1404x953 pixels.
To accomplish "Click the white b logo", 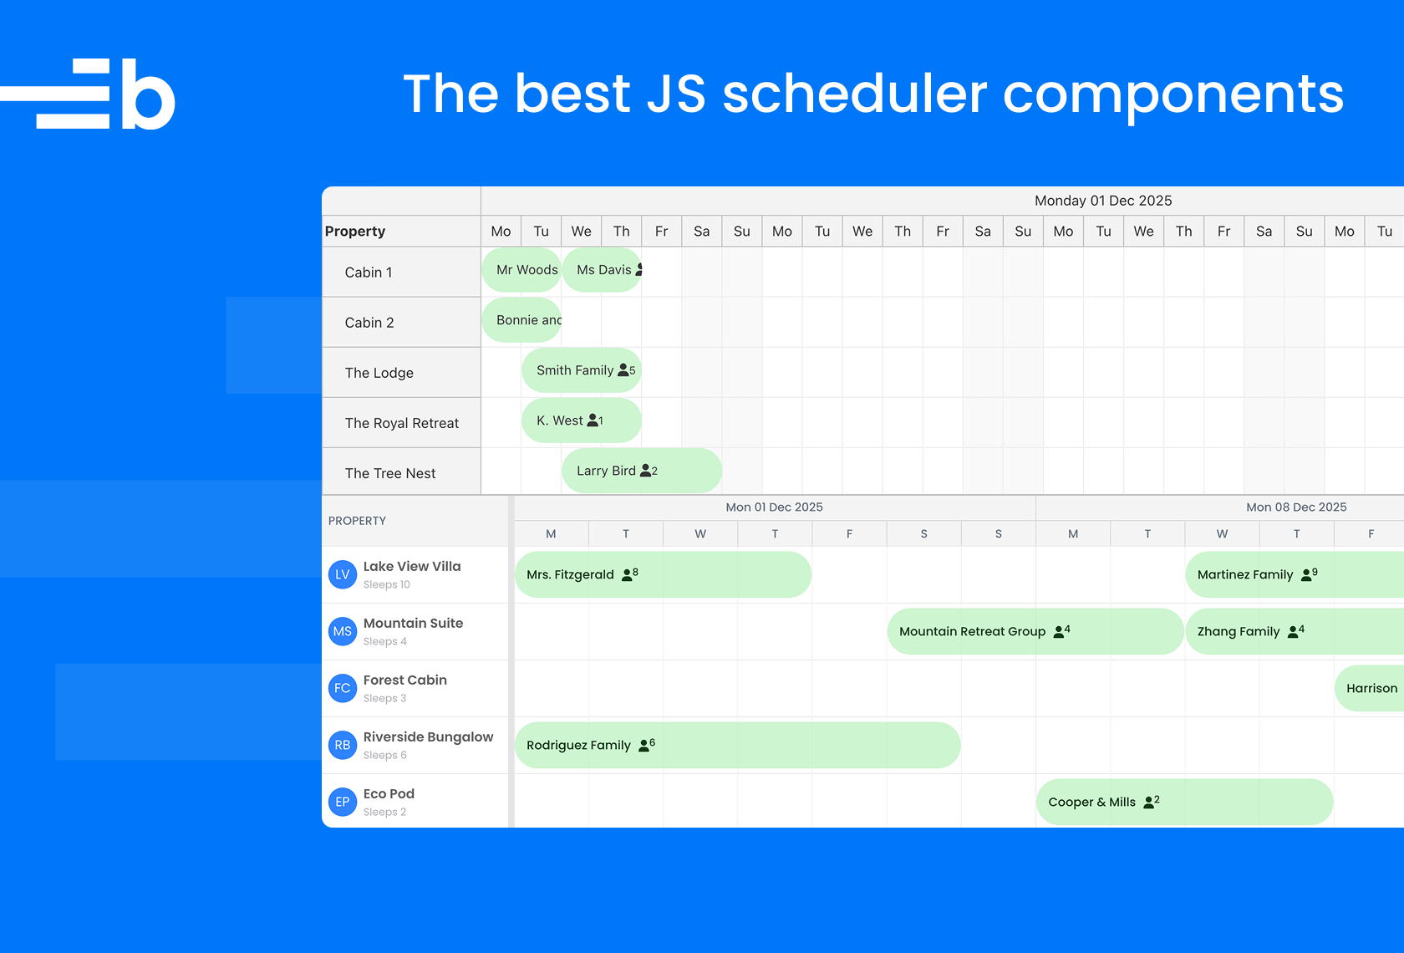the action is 88,94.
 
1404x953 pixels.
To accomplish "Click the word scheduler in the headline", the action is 855,94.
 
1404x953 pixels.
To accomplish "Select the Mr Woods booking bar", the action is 521,269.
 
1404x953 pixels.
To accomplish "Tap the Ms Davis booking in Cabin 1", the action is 602,269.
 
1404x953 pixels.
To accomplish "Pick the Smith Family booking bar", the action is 582,369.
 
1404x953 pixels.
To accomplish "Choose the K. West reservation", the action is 582,420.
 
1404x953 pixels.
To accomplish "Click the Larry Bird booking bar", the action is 642,470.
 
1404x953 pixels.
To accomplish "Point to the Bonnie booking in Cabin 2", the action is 521,319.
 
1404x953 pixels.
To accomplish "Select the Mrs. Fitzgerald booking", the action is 664,574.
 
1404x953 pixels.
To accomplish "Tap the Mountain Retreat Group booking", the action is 1035,631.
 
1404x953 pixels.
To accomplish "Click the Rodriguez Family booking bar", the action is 738,745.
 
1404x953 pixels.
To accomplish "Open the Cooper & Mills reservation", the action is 1185,802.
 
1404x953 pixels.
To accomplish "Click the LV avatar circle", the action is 343,574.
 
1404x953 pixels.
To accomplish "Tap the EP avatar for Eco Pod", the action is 343,802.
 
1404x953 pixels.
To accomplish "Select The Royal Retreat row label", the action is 402,423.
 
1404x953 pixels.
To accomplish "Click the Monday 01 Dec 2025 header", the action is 1103,201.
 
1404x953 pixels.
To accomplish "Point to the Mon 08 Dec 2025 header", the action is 1296,507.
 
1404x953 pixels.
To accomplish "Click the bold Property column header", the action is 354,232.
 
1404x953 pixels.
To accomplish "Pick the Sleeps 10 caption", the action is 387,584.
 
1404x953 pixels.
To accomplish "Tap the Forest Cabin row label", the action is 404,680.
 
